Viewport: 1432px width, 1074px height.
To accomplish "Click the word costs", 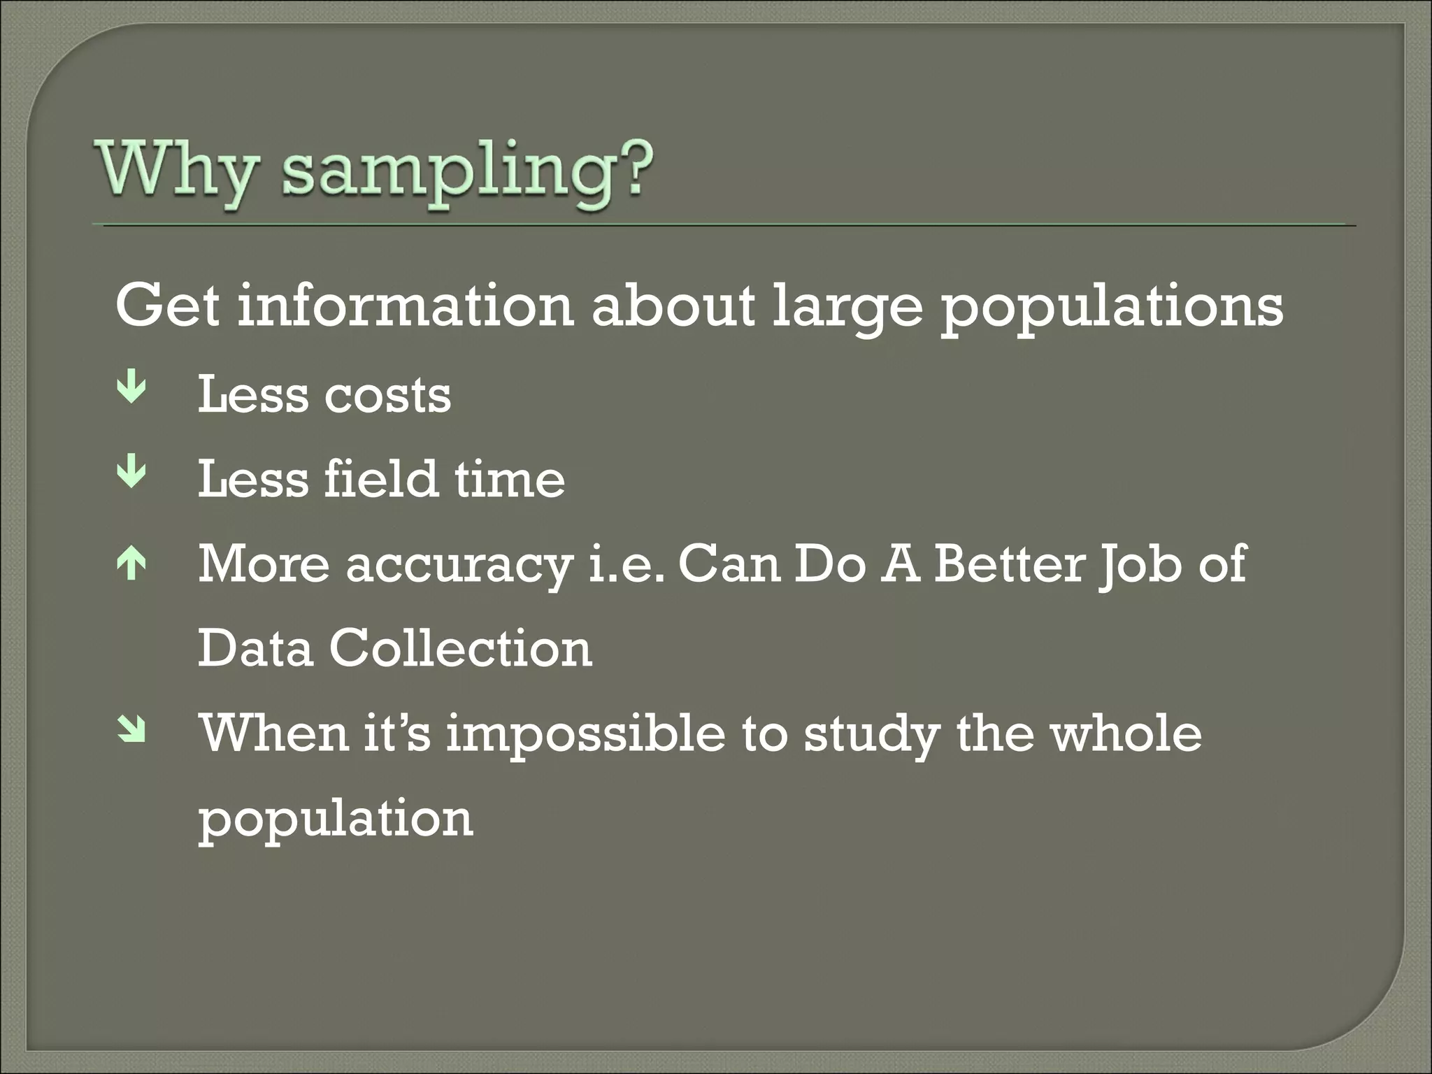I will pyautogui.click(x=387, y=396).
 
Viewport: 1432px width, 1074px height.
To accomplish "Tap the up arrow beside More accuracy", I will pyautogui.click(x=132, y=564).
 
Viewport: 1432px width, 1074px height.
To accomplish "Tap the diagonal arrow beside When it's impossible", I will pyautogui.click(x=132, y=730).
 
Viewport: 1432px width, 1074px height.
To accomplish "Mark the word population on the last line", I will pyautogui.click(x=335, y=820).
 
